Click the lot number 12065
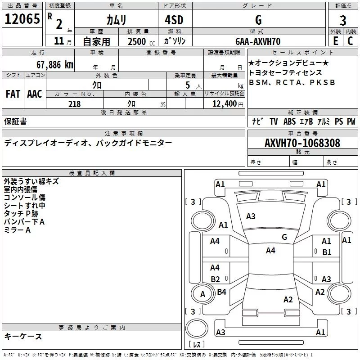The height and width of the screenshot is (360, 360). coord(22,20)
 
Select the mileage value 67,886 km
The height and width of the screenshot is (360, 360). coord(54,64)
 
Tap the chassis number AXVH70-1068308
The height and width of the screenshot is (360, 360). coord(302,143)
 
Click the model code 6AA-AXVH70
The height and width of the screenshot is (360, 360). coord(257,41)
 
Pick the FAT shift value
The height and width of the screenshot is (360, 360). coord(13,94)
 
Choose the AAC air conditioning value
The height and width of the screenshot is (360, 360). coord(35,94)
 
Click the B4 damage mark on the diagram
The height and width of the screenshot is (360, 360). coord(221,292)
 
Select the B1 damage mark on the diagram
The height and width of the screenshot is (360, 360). coord(327,252)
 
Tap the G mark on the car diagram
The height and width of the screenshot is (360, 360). coord(284,237)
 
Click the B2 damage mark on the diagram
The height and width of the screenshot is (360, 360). coord(215,279)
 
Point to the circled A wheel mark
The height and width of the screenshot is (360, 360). coord(202,294)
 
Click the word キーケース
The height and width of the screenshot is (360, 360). coord(23,337)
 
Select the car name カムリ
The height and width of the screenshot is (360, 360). coord(117,20)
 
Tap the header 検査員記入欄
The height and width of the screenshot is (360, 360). coord(92,173)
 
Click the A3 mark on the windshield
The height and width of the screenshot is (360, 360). coord(251,216)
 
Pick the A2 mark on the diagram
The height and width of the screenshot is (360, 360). coord(288,300)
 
